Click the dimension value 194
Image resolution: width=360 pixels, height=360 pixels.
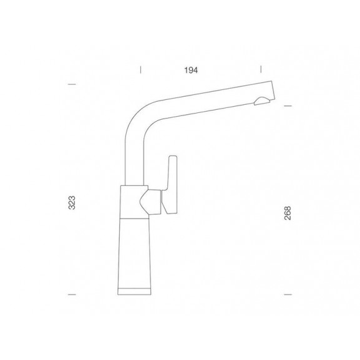[191, 71]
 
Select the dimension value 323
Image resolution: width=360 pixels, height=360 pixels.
[72, 203]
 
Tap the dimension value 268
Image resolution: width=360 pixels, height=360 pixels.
[288, 213]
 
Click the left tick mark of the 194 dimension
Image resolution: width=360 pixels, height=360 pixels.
[141, 69]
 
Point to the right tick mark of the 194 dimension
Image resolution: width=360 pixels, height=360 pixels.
[261, 69]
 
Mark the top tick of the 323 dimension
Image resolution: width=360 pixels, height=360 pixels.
[72, 84]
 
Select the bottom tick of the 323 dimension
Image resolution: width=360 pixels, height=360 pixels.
[72, 294]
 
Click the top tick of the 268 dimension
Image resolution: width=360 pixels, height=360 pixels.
[288, 106]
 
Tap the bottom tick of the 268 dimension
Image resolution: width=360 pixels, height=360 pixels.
[288, 294]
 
